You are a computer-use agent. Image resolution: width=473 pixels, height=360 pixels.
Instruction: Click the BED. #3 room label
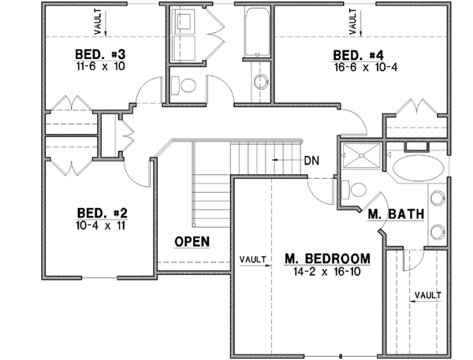[x=101, y=54]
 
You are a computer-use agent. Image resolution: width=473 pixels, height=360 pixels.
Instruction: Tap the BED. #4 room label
[x=358, y=55]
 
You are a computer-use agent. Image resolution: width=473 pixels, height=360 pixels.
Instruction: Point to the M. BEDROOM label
[x=326, y=258]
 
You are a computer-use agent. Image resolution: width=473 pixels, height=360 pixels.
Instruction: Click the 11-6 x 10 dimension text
[x=101, y=67]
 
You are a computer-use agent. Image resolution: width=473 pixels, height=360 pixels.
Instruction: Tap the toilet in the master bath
[x=356, y=190]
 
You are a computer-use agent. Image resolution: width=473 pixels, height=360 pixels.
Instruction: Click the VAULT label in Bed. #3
[x=98, y=23]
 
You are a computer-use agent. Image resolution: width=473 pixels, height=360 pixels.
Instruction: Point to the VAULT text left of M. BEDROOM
[x=252, y=258]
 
